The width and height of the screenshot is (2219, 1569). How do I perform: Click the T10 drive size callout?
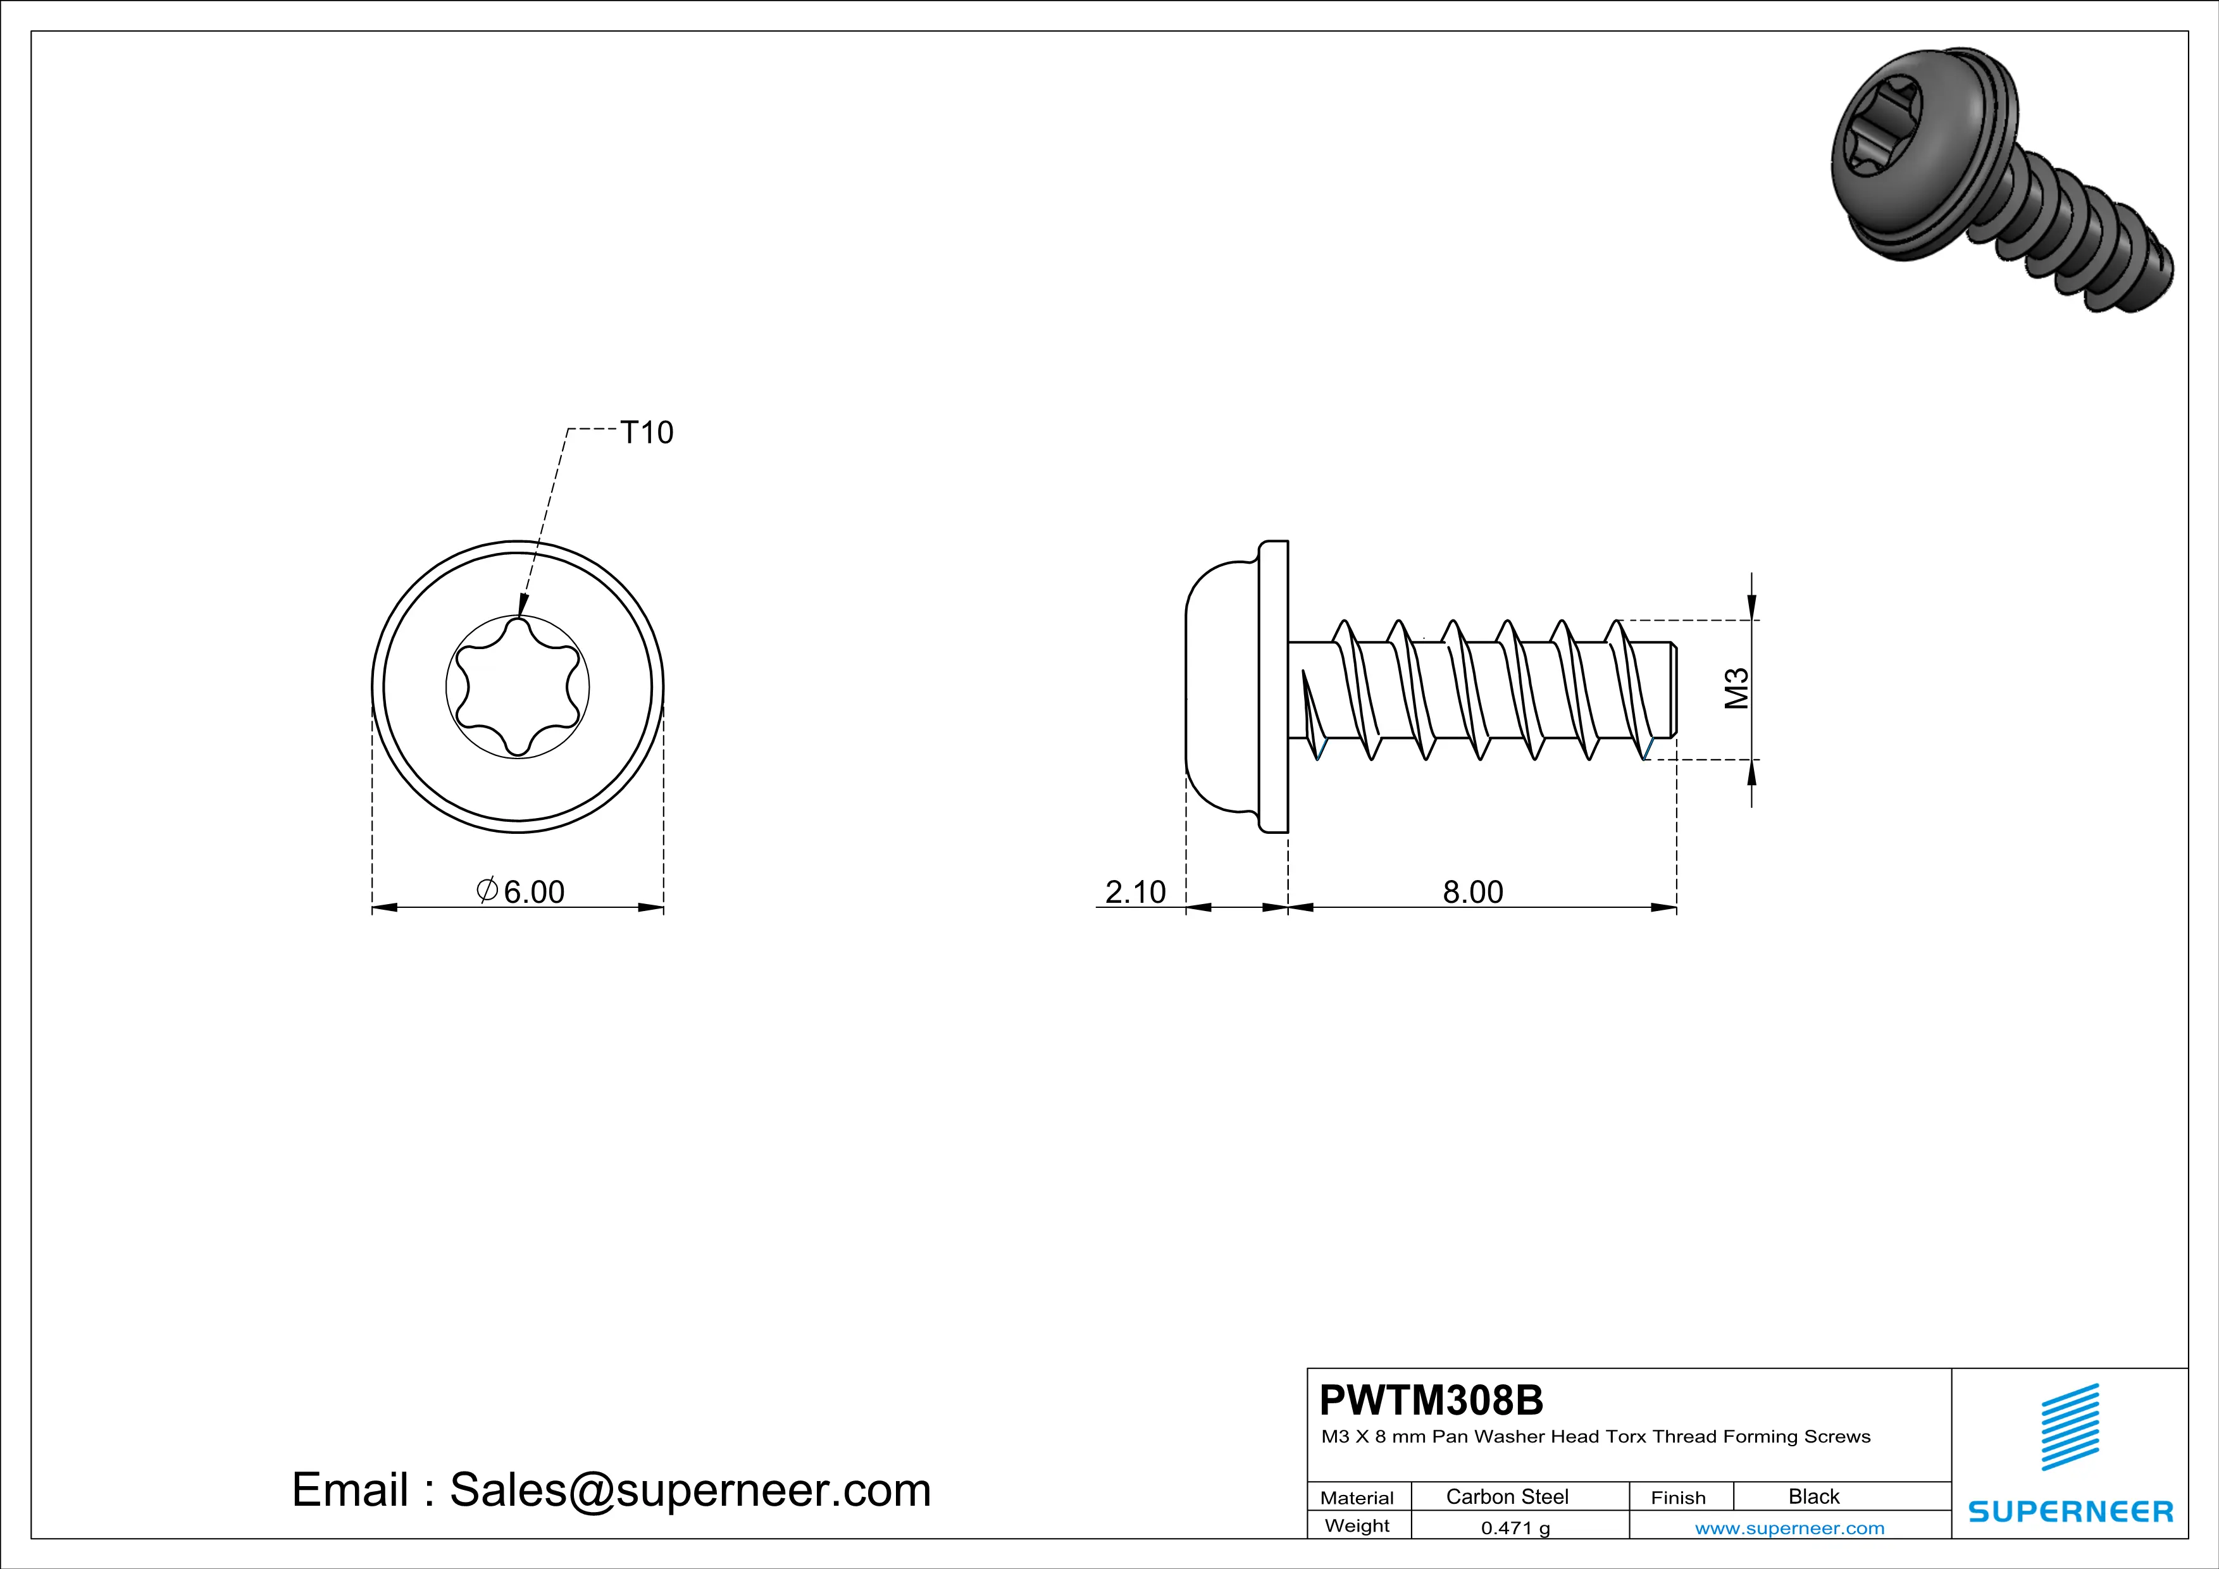pyautogui.click(x=645, y=433)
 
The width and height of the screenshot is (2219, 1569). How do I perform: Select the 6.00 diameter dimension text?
pyautogui.click(x=522, y=891)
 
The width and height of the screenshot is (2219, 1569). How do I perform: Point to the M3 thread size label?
pyautogui.click(x=1737, y=689)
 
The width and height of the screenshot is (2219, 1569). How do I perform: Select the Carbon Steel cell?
pyautogui.click(x=1506, y=1496)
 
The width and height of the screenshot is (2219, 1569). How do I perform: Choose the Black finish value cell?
pyautogui.click(x=1813, y=1496)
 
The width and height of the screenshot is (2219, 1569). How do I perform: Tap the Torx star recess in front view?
pyautogui.click(x=518, y=687)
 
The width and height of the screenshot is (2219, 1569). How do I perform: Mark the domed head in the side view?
pyautogui.click(x=1220, y=687)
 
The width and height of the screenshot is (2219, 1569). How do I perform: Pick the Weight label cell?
pyautogui.click(x=1357, y=1525)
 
